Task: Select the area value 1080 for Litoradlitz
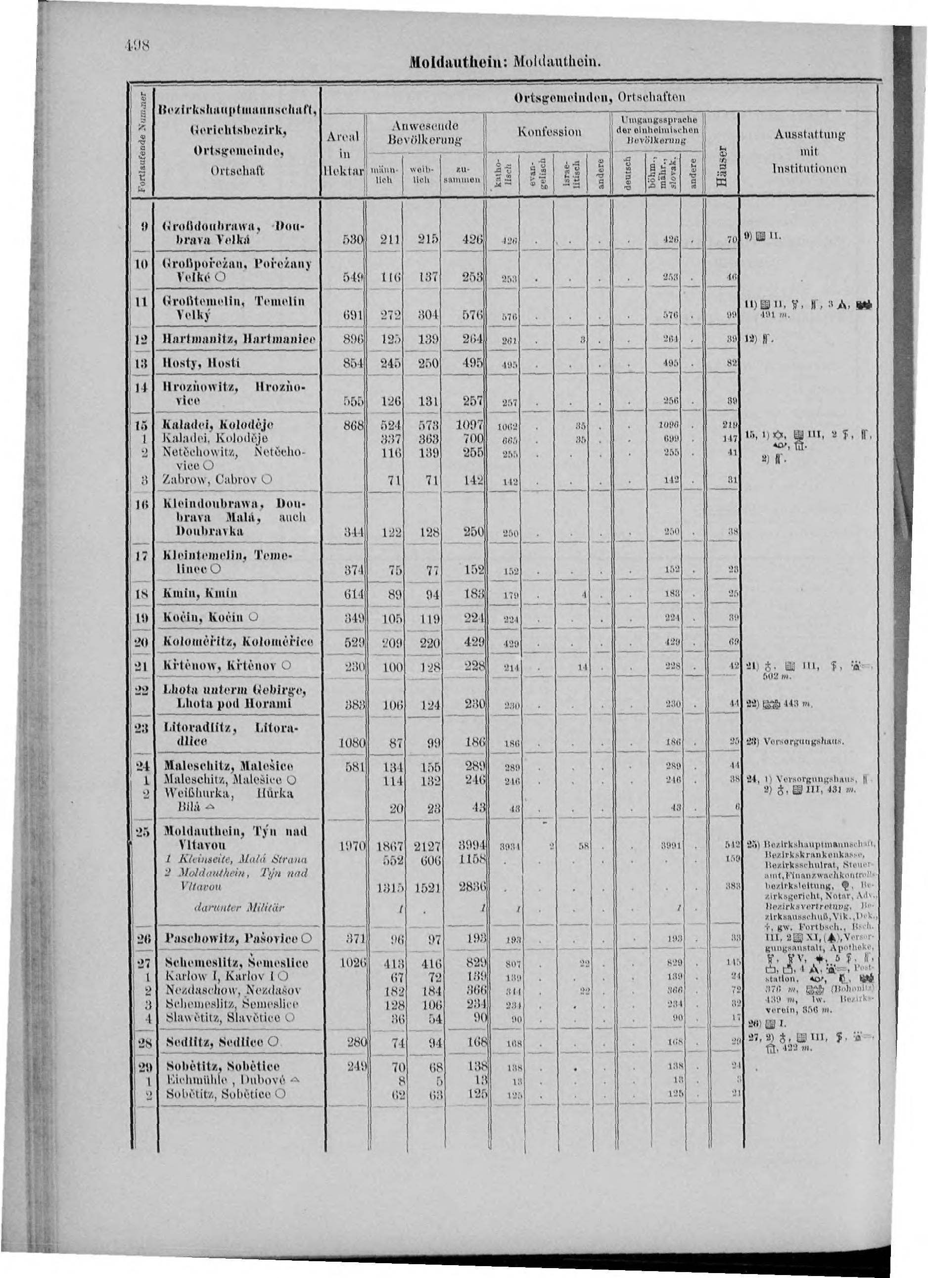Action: pyautogui.click(x=352, y=743)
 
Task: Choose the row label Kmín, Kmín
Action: pyautogui.click(x=200, y=593)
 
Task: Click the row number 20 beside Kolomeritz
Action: pyautogui.click(x=144, y=642)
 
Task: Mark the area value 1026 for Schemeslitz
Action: pyautogui.click(x=353, y=963)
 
